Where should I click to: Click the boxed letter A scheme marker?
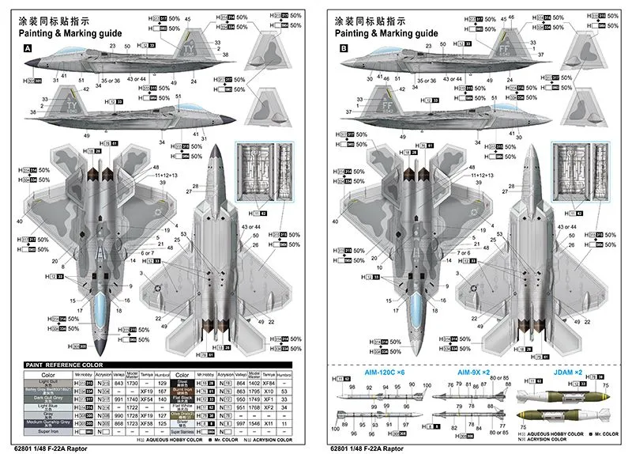tap(28, 48)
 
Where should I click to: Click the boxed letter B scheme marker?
tap(344, 48)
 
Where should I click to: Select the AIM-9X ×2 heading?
tap(473, 371)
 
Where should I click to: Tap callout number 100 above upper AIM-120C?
tap(427, 385)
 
